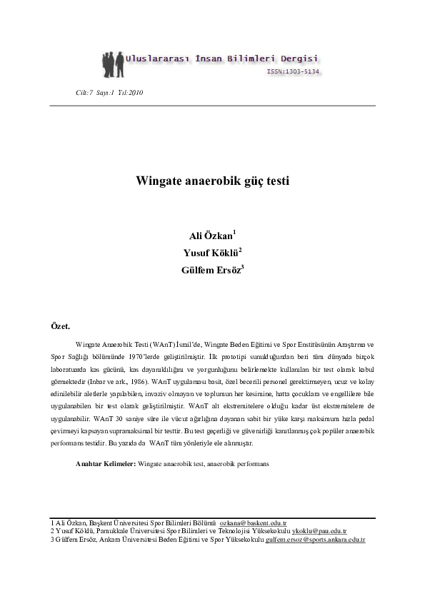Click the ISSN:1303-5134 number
(293, 72)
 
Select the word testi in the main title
(276, 181)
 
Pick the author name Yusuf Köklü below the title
(210, 253)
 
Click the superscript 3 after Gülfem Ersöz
(243, 266)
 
